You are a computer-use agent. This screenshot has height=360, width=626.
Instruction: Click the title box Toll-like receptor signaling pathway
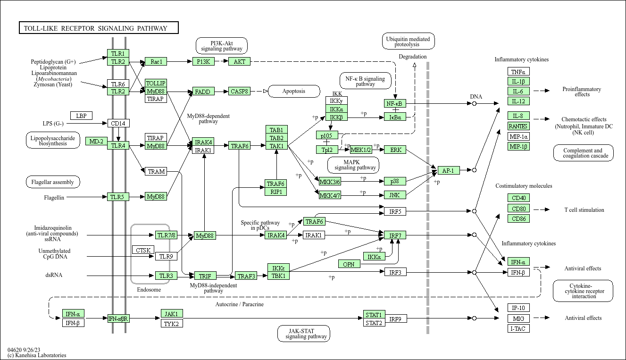click(99, 28)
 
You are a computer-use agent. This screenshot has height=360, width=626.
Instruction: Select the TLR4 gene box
click(118, 145)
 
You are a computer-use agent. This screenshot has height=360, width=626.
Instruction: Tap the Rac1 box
click(156, 61)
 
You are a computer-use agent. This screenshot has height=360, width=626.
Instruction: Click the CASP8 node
click(240, 91)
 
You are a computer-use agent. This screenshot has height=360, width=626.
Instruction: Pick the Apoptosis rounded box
click(294, 91)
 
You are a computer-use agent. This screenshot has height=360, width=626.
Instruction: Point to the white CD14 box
click(118, 124)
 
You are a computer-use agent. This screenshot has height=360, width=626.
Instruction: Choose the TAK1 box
click(276, 146)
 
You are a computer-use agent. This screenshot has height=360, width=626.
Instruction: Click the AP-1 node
click(448, 170)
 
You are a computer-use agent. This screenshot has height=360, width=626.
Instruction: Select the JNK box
click(395, 195)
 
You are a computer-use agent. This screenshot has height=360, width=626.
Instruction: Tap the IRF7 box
click(395, 235)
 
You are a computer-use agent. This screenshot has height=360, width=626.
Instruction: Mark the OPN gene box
click(349, 264)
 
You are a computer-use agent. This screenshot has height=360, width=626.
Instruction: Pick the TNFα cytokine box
click(518, 72)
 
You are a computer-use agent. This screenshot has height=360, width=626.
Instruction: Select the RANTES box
click(518, 126)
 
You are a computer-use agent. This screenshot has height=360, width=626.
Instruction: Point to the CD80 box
click(518, 209)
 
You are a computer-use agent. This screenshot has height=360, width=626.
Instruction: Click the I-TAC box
click(518, 328)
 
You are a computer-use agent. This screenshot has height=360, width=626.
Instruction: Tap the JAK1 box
click(171, 314)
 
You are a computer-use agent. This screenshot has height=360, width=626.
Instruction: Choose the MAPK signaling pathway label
click(354, 165)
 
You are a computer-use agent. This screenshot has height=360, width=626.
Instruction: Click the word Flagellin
click(54, 197)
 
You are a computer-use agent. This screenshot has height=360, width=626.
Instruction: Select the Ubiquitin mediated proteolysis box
click(408, 42)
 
